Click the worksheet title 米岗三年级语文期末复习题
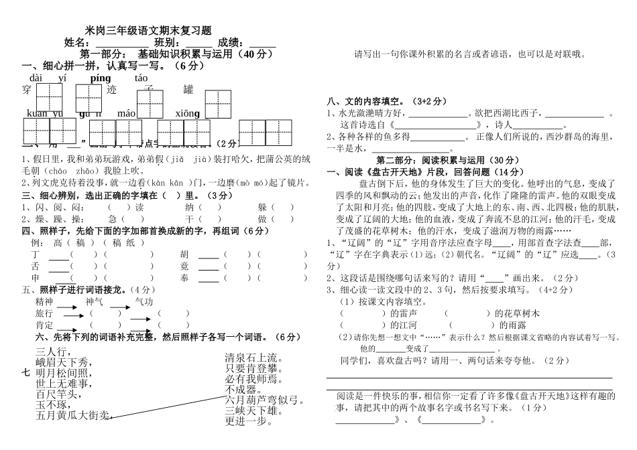[148, 30]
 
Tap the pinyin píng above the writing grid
[100, 78]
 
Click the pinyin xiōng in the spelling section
[187, 114]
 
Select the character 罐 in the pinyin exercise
[188, 90]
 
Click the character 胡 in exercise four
[184, 254]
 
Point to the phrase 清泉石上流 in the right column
[255, 356]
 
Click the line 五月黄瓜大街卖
[72, 416]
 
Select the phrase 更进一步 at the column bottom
[250, 421]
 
